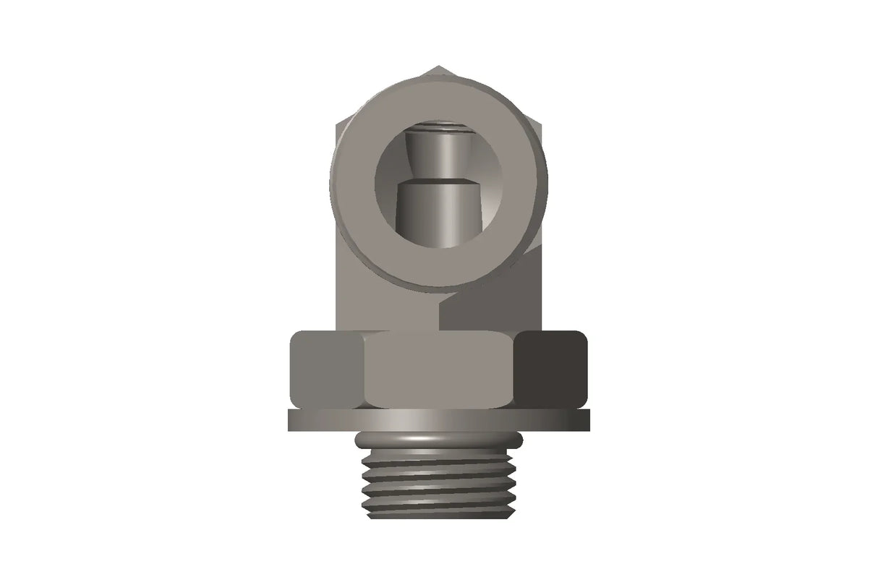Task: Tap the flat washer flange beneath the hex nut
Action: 438,420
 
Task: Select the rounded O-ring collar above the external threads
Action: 438,439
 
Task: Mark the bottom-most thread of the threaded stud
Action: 438,511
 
